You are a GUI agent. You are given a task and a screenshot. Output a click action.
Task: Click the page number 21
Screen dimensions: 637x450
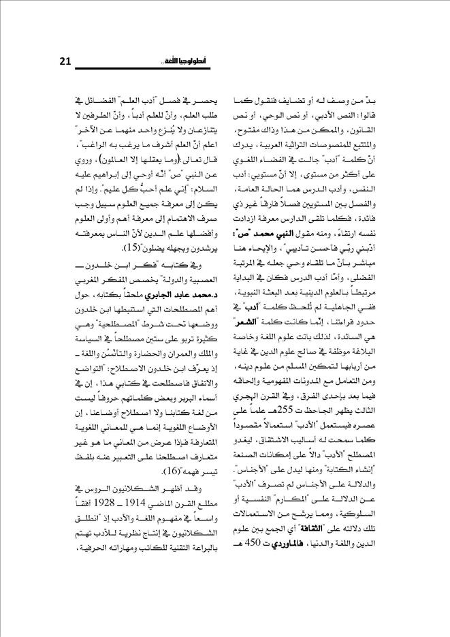(65, 62)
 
